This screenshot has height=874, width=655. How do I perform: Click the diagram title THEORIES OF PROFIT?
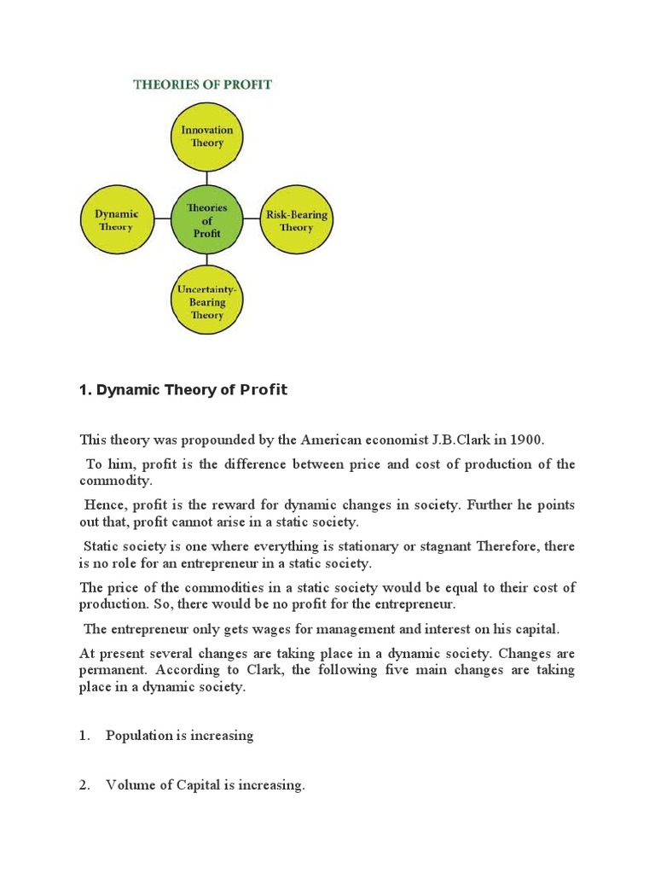click(x=201, y=84)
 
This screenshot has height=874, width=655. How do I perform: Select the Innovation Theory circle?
click(x=207, y=137)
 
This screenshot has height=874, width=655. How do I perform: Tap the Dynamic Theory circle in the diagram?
click(x=116, y=220)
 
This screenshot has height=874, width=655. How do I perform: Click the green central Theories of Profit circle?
click(x=206, y=220)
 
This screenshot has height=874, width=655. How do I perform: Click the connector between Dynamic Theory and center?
click(x=161, y=219)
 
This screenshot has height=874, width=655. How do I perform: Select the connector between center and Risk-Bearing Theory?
click(x=251, y=219)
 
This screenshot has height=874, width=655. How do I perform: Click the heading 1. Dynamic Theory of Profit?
click(x=183, y=390)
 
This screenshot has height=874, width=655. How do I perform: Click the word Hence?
click(x=102, y=504)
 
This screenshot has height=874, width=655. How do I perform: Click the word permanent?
click(x=111, y=670)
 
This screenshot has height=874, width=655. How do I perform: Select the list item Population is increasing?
click(x=179, y=735)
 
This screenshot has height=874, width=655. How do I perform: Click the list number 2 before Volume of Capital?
click(x=84, y=785)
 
